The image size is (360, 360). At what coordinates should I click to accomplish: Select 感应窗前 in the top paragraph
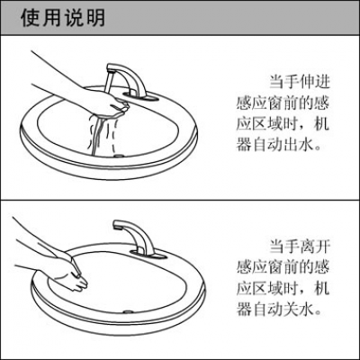[269, 101]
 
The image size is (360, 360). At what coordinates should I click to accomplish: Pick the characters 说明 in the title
[83, 18]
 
